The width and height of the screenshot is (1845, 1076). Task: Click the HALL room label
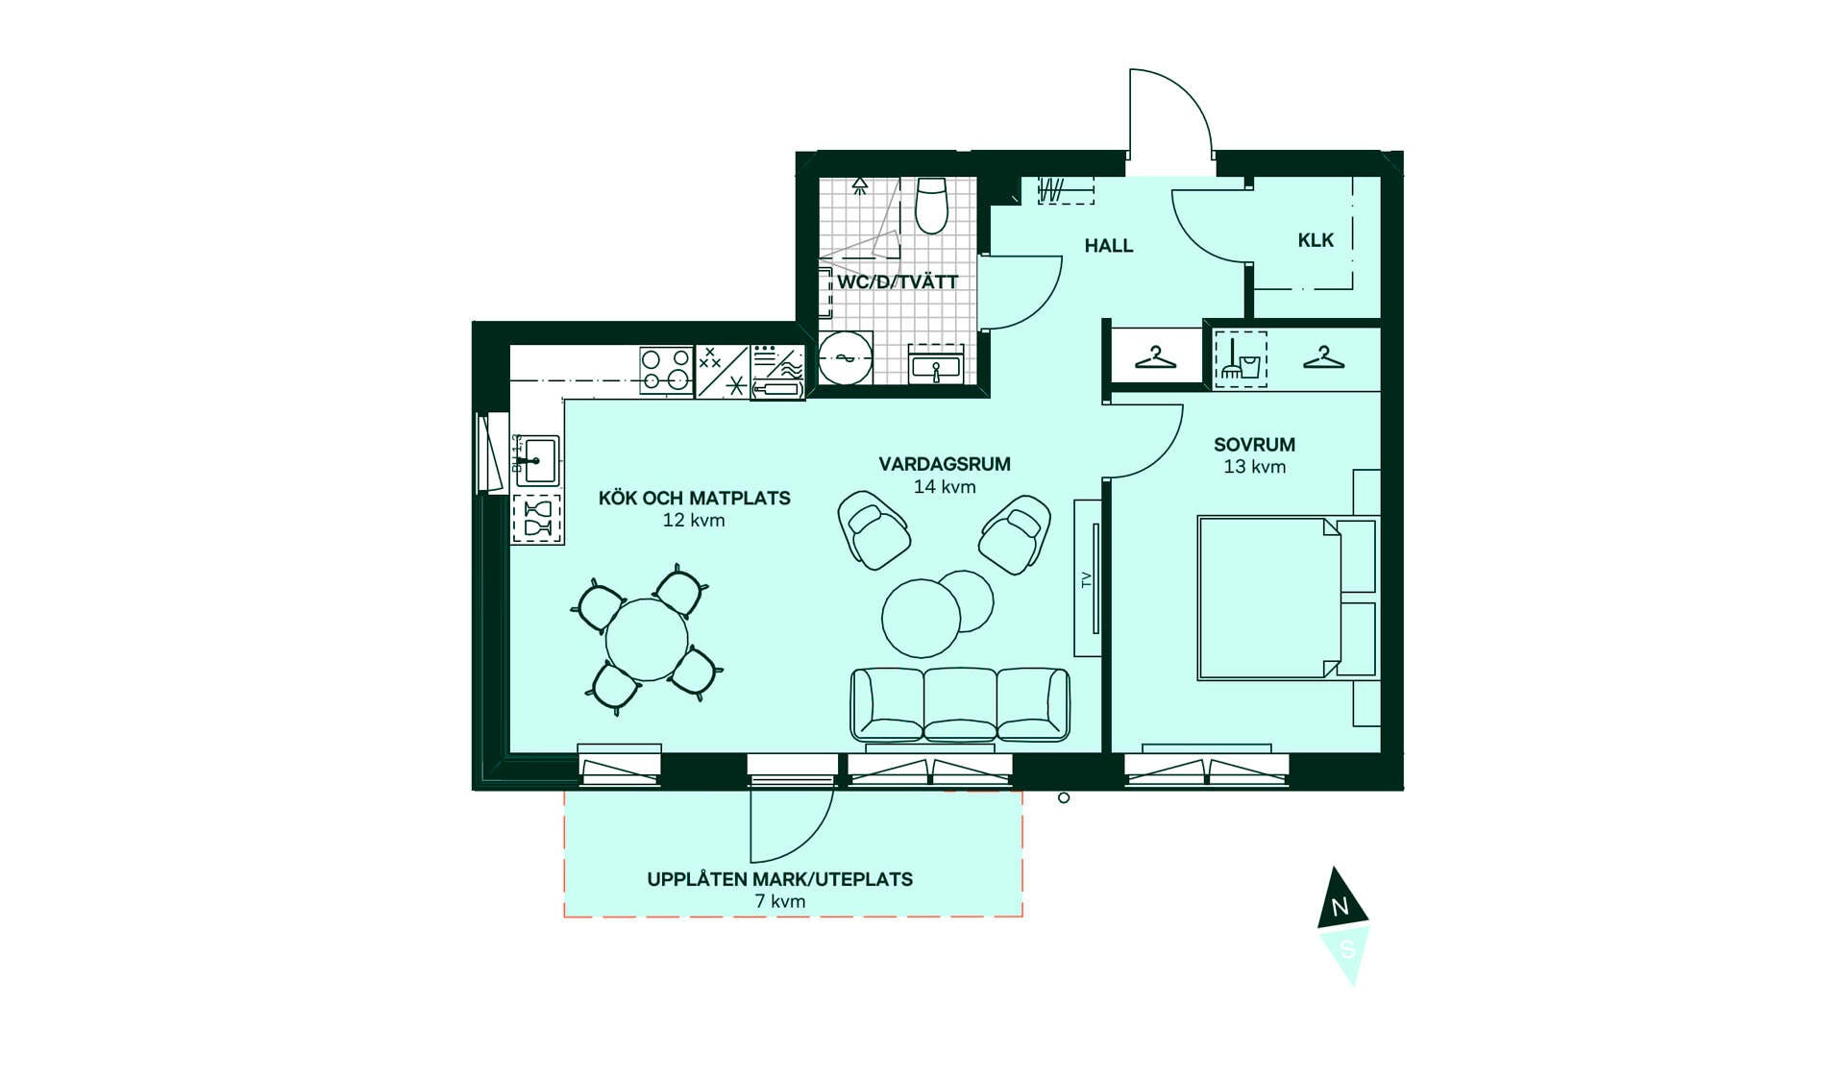pos(1109,246)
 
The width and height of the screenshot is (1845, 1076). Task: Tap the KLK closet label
pos(1316,240)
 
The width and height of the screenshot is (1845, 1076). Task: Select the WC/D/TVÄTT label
pos(898,282)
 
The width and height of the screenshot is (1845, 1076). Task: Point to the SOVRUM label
pos(1254,445)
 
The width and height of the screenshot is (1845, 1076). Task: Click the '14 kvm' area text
pos(945,487)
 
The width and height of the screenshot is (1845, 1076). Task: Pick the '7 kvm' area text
pos(780,901)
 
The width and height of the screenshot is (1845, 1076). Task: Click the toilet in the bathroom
pos(931,206)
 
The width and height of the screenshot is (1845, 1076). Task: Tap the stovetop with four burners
pos(666,371)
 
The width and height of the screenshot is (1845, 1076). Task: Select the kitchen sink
pos(537,460)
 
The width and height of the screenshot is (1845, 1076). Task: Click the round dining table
pos(647,640)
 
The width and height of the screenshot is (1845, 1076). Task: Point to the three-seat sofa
pos(960,705)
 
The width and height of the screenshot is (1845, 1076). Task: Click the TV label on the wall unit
pos(1087,579)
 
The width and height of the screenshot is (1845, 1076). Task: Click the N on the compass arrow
pos(1340,906)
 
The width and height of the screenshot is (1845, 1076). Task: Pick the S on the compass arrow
pos(1347,949)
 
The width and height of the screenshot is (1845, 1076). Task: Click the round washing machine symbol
pos(846,358)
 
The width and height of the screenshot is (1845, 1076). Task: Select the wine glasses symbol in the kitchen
pos(537,519)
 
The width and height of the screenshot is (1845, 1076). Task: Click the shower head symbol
pos(860,185)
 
